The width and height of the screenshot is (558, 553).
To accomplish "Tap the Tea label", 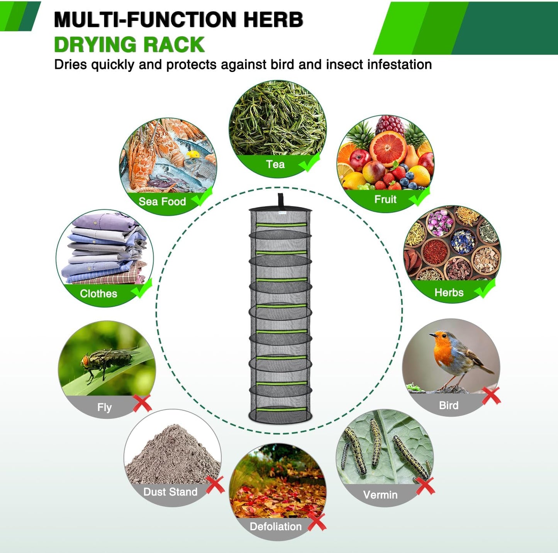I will point(275,164).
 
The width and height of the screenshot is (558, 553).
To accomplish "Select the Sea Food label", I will point(162,201).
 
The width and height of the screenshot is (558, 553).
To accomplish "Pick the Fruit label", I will point(385,200).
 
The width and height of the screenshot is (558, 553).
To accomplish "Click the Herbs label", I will point(449,292).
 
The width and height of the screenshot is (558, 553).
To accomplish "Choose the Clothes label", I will point(98,294).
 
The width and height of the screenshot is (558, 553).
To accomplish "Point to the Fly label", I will point(104,407).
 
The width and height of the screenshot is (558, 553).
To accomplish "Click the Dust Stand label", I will point(170,492).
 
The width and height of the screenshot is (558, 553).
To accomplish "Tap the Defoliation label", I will point(276,526).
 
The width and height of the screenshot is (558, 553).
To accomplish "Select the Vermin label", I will point(380,495).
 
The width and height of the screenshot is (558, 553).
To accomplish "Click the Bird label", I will point(448,405).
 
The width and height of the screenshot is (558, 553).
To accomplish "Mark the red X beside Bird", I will point(491,396).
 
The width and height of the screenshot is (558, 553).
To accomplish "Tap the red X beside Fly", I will point(142,403).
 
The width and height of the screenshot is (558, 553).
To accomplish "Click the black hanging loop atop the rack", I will point(280,201).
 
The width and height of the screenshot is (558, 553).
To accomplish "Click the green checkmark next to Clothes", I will point(142,288).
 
